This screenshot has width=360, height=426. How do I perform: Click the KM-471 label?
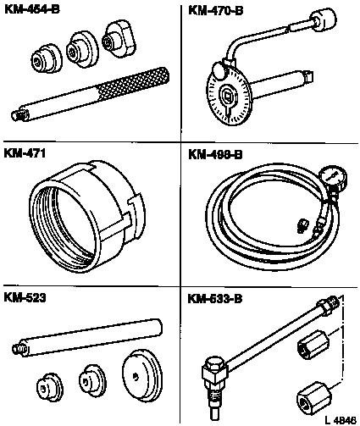25,153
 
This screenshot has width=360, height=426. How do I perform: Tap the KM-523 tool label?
25,297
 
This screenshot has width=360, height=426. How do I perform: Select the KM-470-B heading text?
215,11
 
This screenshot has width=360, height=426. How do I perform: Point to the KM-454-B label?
32,9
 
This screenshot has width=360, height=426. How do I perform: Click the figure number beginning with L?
341,420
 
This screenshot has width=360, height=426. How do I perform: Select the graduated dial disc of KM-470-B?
228,98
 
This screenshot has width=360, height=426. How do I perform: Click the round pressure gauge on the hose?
334,176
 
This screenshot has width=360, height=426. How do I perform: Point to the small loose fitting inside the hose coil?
302,226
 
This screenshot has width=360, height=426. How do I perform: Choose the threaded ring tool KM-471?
87,216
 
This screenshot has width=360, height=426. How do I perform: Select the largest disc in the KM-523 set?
142,374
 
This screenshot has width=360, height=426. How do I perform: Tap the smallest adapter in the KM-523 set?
50,387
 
